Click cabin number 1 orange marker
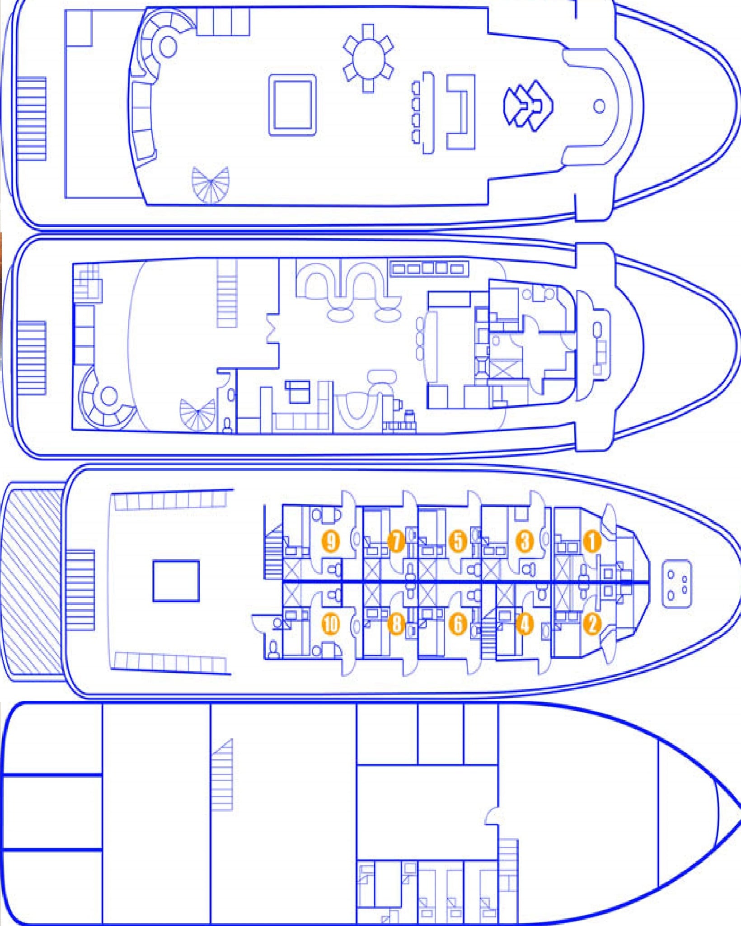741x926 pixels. [592, 541]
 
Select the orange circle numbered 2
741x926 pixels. [592, 624]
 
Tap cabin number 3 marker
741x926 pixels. [525, 541]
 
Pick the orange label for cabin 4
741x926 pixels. [525, 624]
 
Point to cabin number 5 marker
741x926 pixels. [458, 541]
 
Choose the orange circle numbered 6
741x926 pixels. [458, 624]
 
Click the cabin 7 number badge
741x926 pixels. [396, 541]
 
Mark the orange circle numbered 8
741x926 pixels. [396, 624]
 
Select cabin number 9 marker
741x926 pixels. [331, 541]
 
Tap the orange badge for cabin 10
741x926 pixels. [331, 624]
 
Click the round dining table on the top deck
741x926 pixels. [368, 58]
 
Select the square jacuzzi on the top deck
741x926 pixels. [292, 105]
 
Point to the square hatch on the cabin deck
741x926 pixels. [176, 581]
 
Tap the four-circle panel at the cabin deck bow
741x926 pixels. [677, 584]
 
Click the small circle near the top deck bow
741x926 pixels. [599, 107]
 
